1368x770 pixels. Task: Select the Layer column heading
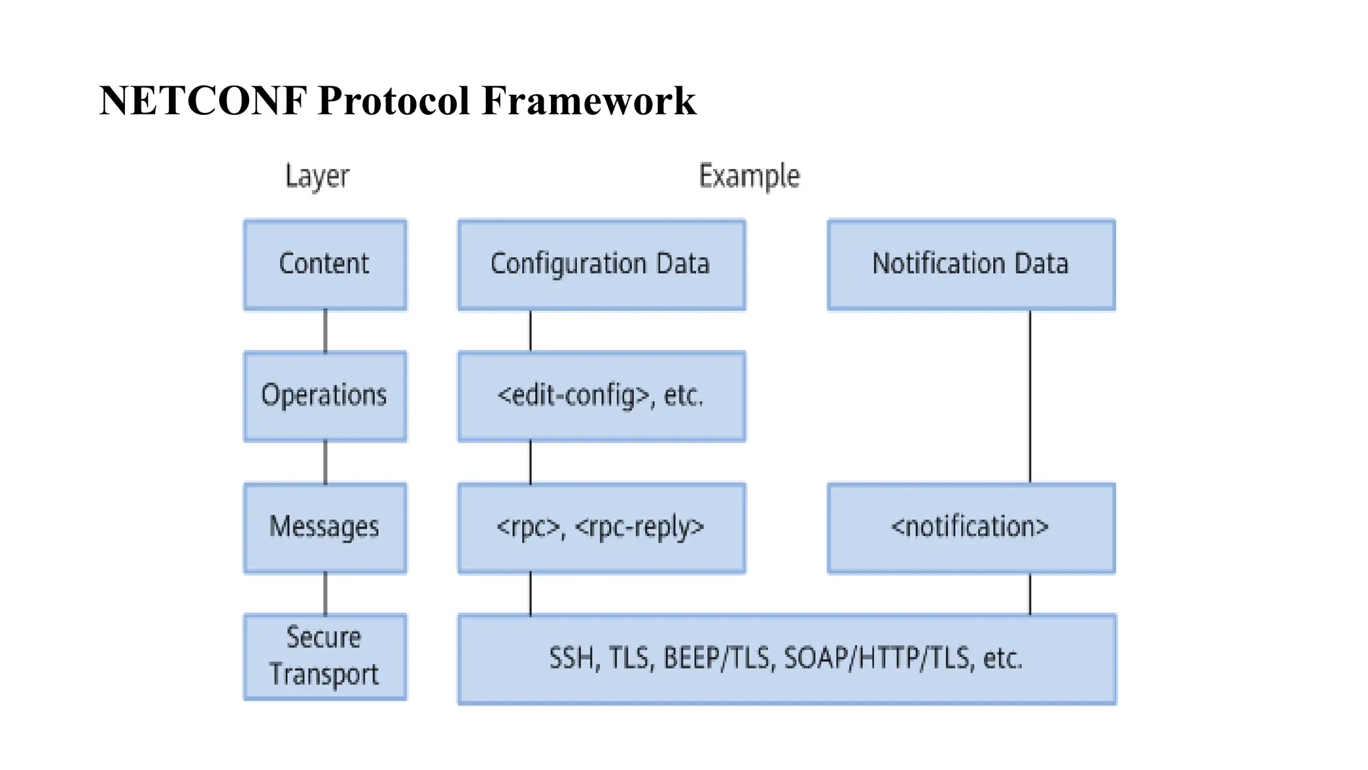[x=317, y=176]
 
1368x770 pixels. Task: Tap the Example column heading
[x=749, y=176]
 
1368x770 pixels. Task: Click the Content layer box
[x=325, y=264]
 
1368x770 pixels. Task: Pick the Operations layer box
[x=325, y=396]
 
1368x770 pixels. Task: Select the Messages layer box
[x=325, y=527]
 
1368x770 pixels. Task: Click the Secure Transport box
[x=325, y=656]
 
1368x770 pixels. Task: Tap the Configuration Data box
[x=601, y=264]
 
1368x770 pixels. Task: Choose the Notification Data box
[x=971, y=264]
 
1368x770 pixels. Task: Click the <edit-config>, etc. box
[x=601, y=396]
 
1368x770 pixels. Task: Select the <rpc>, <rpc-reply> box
[x=601, y=527]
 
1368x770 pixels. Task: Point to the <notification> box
[x=971, y=527]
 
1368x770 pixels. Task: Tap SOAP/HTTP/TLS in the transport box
[x=877, y=659]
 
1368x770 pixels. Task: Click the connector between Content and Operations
[x=325, y=331]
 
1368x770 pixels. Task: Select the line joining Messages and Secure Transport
[x=325, y=594]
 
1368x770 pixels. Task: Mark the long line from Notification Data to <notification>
[x=1030, y=396]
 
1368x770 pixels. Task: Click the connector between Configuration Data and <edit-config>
[x=530, y=331]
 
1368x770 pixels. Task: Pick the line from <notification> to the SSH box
[x=1030, y=594]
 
